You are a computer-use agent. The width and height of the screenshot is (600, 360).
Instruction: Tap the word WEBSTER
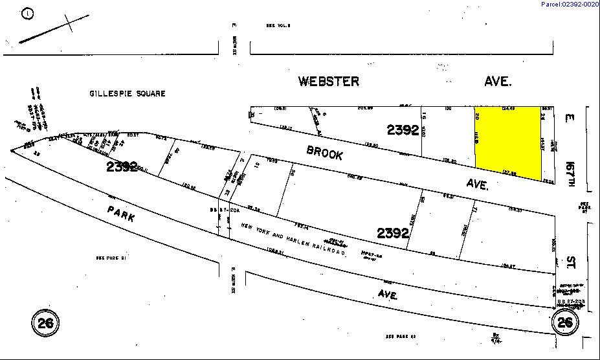tap(328, 82)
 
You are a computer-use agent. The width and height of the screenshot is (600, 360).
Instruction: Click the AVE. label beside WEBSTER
tap(498, 82)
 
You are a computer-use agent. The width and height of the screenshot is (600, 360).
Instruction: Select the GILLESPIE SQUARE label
tap(127, 94)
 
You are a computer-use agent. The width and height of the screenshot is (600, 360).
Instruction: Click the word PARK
tap(122, 214)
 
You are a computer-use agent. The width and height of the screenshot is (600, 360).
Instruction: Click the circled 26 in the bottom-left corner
tap(45, 322)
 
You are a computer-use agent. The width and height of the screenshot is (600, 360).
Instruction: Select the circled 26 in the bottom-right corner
tap(565, 322)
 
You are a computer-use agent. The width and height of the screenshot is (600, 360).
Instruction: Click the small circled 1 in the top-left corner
tap(27, 14)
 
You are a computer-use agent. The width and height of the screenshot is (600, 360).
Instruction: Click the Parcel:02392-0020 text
tap(570, 5)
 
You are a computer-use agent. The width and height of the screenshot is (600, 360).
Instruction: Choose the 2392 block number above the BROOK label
tap(403, 130)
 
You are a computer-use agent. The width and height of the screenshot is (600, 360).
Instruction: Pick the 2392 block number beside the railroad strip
tap(394, 232)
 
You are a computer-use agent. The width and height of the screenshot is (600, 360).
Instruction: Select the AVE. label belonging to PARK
tap(388, 295)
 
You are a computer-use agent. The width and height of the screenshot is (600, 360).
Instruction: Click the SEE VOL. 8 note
tap(278, 25)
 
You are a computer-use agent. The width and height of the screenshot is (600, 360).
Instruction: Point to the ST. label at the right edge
tap(572, 263)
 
